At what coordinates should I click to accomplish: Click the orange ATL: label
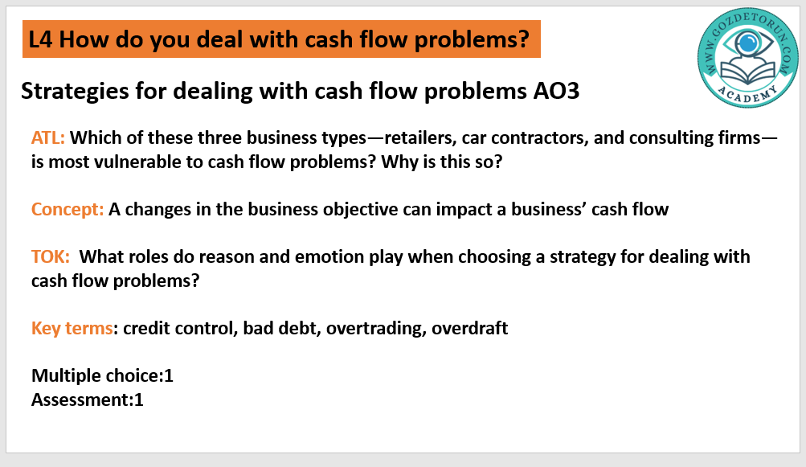click(47, 137)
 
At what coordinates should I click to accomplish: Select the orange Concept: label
click(68, 209)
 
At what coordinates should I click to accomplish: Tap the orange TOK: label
click(51, 256)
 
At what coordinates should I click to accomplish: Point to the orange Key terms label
click(72, 328)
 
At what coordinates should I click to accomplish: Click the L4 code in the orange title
click(41, 39)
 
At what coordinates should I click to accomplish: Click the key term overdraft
click(470, 328)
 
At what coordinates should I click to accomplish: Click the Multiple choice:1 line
click(102, 375)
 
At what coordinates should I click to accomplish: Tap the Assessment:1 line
click(88, 399)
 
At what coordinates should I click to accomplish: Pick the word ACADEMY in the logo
click(748, 95)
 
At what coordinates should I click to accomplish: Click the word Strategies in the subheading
click(75, 91)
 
